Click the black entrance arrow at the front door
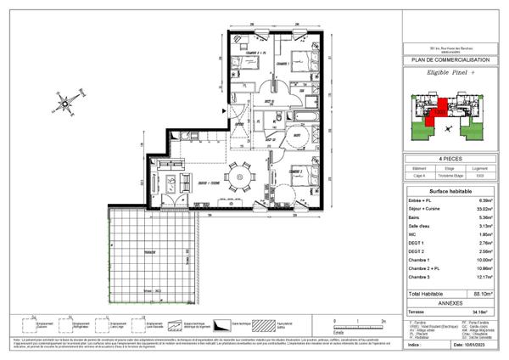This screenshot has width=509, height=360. point(224,109)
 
